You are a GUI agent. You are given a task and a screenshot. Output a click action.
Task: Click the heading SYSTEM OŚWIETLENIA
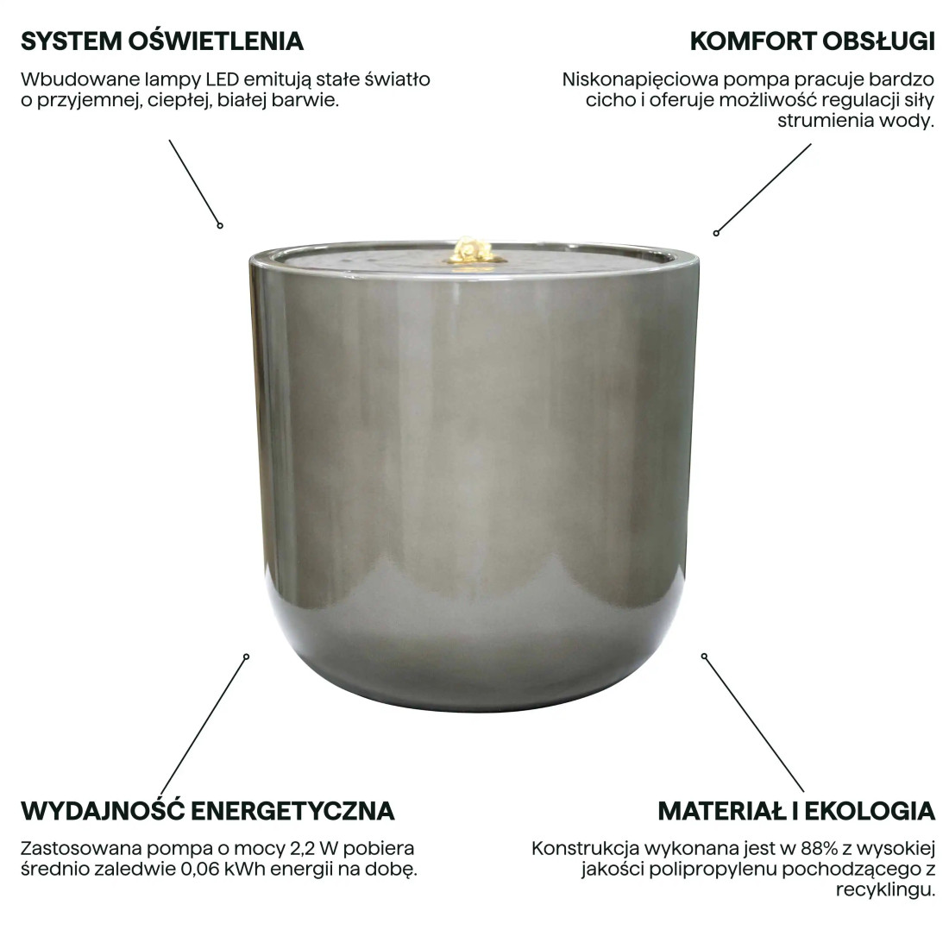(161, 41)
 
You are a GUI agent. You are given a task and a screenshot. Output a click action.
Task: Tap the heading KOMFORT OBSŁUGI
(813, 41)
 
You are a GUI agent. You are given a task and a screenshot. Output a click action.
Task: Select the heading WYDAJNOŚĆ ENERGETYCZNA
(207, 811)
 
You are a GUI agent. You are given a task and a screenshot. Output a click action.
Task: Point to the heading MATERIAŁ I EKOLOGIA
(796, 811)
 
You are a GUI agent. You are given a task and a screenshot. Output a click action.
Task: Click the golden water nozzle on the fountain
(471, 249)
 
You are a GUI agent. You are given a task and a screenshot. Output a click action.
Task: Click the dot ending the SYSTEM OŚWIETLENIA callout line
(220, 225)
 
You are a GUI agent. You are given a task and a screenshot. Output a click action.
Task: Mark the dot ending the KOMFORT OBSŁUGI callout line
(716, 232)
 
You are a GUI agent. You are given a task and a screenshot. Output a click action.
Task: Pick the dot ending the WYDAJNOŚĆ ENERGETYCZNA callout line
(248, 656)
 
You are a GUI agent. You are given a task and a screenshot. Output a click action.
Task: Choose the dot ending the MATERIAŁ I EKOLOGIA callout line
(704, 656)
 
